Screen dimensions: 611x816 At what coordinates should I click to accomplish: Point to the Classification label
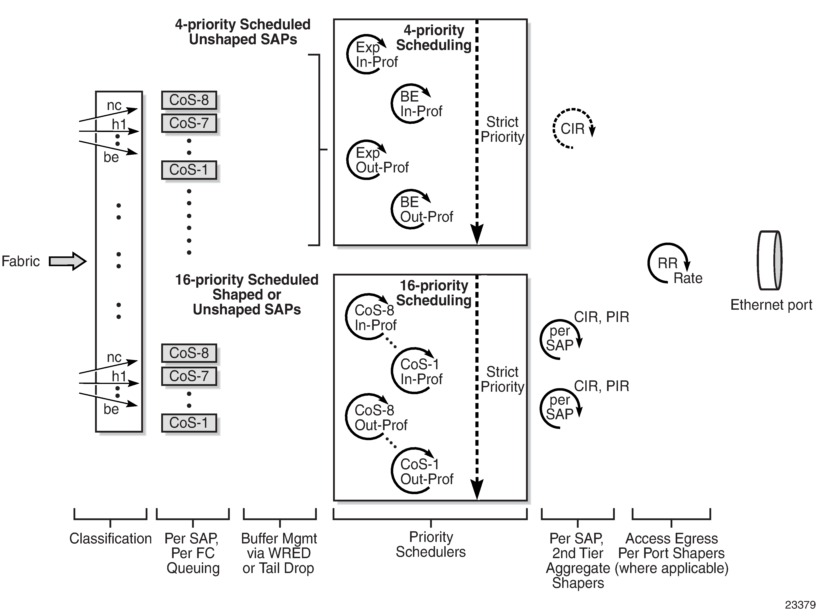[110, 539]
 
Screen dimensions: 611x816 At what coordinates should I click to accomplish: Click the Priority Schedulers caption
[431, 545]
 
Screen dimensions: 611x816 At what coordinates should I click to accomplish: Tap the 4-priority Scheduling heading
[434, 38]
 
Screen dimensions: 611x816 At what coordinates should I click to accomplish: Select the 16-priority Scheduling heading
[434, 293]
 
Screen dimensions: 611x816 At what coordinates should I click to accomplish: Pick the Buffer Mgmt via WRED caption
[279, 553]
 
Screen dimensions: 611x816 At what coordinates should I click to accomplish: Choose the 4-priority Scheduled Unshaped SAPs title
[243, 32]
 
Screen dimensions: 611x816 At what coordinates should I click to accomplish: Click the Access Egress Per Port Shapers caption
[671, 553]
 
